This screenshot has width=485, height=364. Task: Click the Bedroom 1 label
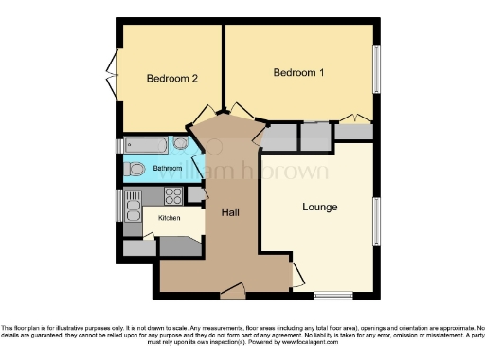tap(298, 73)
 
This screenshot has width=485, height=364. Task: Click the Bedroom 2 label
tap(171, 79)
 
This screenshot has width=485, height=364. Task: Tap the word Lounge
tap(320, 207)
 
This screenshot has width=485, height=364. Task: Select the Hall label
tap(230, 212)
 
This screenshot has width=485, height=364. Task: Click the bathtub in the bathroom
tap(147, 145)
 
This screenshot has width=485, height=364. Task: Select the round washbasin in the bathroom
tap(180, 144)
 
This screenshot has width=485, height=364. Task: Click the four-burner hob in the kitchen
tap(173, 197)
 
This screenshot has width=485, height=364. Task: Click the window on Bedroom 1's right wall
tap(378, 71)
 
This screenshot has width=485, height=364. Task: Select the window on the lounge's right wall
tap(378, 221)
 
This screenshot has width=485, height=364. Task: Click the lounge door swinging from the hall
tap(298, 276)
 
